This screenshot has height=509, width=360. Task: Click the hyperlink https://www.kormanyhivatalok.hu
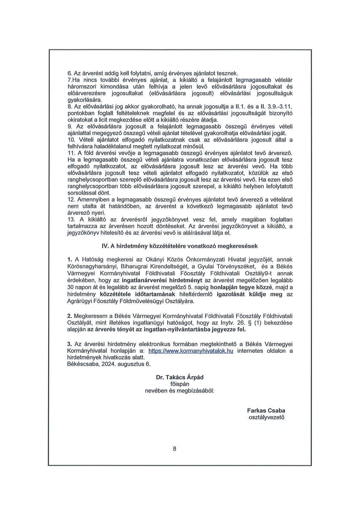[x=191, y=351]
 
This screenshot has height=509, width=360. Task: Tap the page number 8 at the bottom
[x=175, y=449]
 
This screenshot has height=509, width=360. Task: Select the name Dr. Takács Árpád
[x=180, y=377]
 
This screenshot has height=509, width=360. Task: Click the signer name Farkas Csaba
[x=266, y=410]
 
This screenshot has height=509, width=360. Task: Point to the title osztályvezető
[x=266, y=417]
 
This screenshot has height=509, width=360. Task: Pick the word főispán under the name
[x=180, y=384]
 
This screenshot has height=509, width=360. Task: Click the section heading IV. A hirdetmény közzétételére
[x=180, y=246]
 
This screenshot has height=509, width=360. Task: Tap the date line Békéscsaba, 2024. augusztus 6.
[x=109, y=364]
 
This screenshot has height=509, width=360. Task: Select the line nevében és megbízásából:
[x=179, y=391]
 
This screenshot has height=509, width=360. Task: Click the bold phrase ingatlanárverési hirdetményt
[x=162, y=280]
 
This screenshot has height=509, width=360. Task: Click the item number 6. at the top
[x=69, y=73]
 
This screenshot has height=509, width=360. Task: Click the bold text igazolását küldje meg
[x=250, y=294]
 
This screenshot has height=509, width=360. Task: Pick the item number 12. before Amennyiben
[x=71, y=200]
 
